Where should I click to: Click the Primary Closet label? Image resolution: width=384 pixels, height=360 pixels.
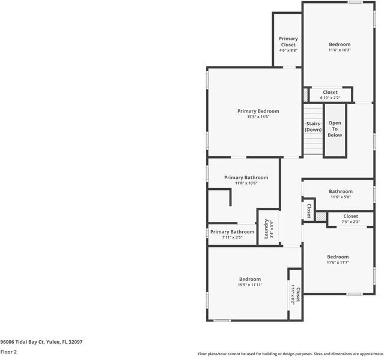point(288,41)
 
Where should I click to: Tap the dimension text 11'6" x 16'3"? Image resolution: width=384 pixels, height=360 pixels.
point(340,50)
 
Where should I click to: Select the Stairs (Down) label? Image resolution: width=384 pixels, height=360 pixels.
point(312,126)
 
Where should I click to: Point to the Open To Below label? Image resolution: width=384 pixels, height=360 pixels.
point(335,129)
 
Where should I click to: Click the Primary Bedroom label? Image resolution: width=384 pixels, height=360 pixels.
point(258,111)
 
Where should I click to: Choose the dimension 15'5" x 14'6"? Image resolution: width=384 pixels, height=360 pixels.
point(258,117)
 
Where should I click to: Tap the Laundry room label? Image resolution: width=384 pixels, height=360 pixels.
point(266,229)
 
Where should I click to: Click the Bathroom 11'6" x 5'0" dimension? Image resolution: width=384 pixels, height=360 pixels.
point(340,197)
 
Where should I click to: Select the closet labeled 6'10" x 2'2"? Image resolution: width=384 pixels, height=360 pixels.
point(330,97)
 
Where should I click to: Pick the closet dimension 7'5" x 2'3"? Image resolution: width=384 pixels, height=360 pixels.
point(350,222)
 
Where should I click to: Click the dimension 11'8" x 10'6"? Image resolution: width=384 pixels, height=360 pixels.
point(246,183)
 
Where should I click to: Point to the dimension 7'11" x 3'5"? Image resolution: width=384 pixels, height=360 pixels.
point(232,237)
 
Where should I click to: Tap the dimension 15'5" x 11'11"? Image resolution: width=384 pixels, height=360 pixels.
point(250,285)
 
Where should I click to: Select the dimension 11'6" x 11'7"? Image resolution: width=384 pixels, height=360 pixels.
point(338,263)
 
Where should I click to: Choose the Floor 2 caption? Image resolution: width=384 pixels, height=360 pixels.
point(8,352)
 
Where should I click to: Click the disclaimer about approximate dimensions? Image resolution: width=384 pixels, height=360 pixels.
point(290,354)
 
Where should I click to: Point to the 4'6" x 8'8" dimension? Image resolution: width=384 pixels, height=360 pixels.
point(288,50)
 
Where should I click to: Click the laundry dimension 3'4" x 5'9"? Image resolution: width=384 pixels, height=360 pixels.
point(272,229)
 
